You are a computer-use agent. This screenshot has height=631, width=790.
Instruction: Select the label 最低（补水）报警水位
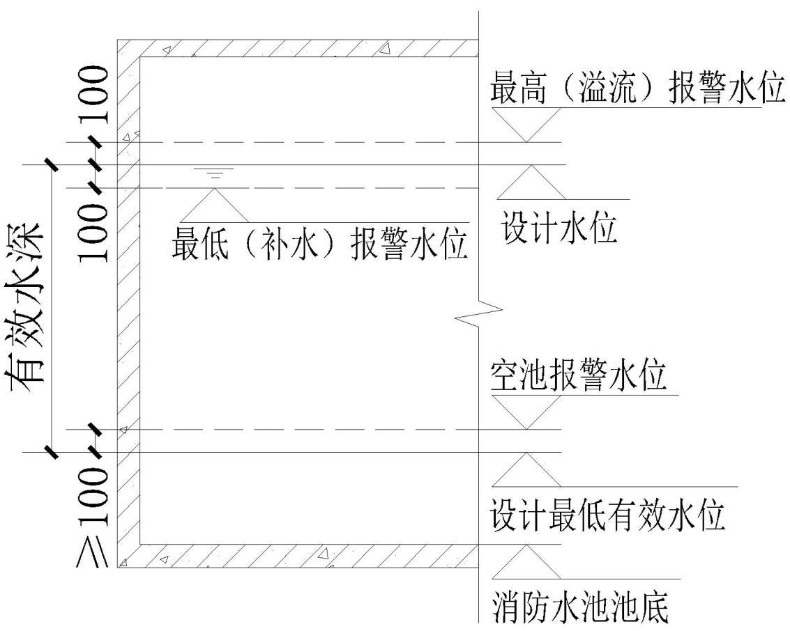pos(320,247)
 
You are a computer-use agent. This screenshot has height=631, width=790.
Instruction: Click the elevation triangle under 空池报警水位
pos(526,412)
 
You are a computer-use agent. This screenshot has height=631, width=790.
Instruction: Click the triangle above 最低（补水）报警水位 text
pos(214,205)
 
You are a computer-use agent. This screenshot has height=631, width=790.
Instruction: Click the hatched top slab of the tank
pos(300,48)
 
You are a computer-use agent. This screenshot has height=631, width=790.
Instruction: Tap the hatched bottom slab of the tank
pos(300,555)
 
